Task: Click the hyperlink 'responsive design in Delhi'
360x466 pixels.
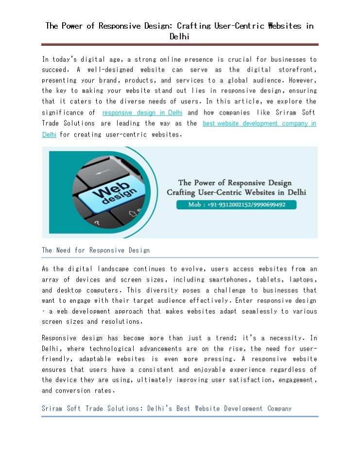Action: (x=142, y=113)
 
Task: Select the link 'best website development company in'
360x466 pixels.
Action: (x=259, y=123)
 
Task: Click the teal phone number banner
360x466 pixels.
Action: (x=236, y=205)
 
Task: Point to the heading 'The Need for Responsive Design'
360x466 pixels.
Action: (x=96, y=250)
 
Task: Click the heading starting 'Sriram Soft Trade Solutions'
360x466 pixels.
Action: (x=167, y=409)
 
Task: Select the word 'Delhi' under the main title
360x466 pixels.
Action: (x=180, y=36)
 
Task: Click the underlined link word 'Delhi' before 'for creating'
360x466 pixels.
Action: (x=49, y=134)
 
